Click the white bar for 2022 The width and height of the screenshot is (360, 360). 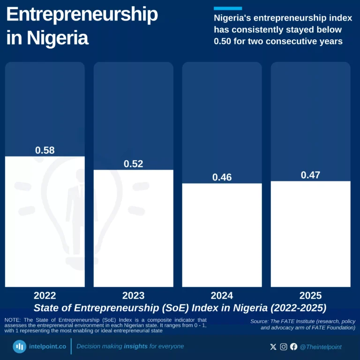tap(45, 221)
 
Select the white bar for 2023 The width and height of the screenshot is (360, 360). tap(134, 228)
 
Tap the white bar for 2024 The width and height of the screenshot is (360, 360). tap(222, 234)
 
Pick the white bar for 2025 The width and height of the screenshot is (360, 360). tap(310, 233)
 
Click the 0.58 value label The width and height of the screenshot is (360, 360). tap(45, 150)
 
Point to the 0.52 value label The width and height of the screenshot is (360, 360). tap(134, 164)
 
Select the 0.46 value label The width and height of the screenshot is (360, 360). tap(222, 177)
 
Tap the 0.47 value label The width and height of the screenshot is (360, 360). tap(310, 175)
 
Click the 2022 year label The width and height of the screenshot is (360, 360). tap(45, 295)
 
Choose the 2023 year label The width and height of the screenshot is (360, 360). tap(134, 295)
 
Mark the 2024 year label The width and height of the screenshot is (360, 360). tap(222, 295)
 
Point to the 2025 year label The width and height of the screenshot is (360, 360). tap(310, 295)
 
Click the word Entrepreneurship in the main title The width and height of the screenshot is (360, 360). tap(82, 15)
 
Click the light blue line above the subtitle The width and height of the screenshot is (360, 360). tap(228, 8)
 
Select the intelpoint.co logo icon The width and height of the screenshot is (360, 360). tap(19, 347)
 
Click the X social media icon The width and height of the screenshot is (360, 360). tap(273, 347)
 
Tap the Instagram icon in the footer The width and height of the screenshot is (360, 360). tap(284, 347)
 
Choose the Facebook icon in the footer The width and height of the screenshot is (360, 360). tap(294, 347)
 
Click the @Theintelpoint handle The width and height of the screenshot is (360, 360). tap(321, 347)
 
